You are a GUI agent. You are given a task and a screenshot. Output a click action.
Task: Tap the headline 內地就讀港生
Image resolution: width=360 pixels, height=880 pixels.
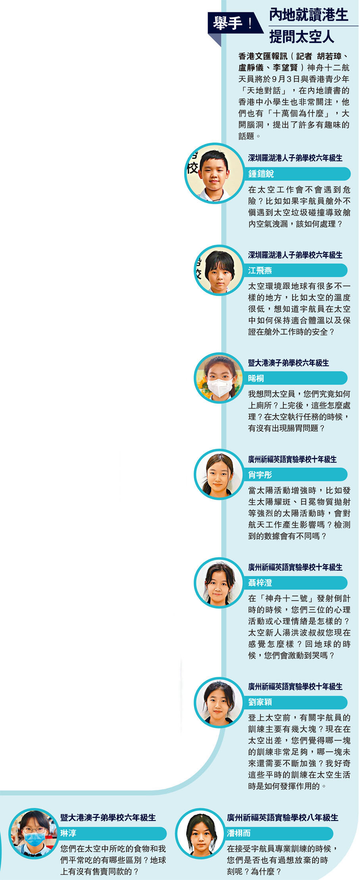point(308,15)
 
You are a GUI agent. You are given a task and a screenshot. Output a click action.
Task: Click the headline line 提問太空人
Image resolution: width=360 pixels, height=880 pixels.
point(302,37)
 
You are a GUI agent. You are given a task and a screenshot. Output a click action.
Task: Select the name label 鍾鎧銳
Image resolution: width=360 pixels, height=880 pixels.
point(261,174)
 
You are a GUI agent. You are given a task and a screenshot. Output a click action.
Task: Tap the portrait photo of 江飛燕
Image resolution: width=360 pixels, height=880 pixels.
point(219,271)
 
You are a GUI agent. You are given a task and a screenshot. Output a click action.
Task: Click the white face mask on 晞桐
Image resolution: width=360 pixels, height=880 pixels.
point(220,387)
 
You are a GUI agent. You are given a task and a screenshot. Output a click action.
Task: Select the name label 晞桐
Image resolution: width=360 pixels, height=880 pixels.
point(256,378)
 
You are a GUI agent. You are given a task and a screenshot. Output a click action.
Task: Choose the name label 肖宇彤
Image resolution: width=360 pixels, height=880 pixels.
point(260,475)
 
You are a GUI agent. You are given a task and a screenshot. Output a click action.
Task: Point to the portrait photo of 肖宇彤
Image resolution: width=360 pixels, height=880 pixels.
point(219,475)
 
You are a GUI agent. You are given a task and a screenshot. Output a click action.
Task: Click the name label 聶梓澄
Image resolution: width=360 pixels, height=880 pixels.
point(260,582)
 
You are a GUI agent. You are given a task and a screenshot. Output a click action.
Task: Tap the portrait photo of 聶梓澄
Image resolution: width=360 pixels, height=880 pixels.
point(219,582)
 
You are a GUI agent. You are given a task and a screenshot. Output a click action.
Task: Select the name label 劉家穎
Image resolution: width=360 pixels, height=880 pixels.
point(260,702)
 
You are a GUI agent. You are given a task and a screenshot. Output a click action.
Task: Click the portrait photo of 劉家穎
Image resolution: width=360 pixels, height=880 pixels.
point(219,702)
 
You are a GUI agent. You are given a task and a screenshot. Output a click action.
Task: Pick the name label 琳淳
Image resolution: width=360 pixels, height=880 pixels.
point(68,833)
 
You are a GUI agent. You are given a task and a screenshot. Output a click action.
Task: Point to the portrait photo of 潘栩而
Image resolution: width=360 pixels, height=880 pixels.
point(200,833)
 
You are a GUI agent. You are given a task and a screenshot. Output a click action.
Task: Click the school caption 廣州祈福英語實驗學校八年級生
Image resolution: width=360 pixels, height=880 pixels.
point(283,817)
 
